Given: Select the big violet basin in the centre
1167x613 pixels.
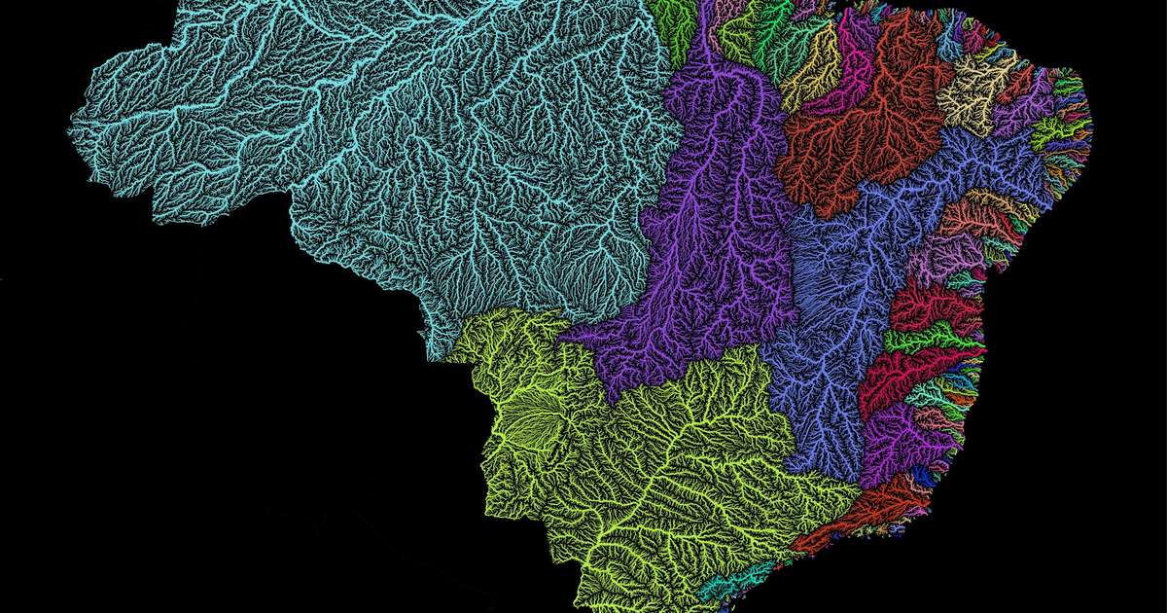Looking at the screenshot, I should coord(710,243).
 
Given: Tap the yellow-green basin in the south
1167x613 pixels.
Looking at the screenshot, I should coord(661,467).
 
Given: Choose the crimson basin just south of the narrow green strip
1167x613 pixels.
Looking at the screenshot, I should coord(909,375).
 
